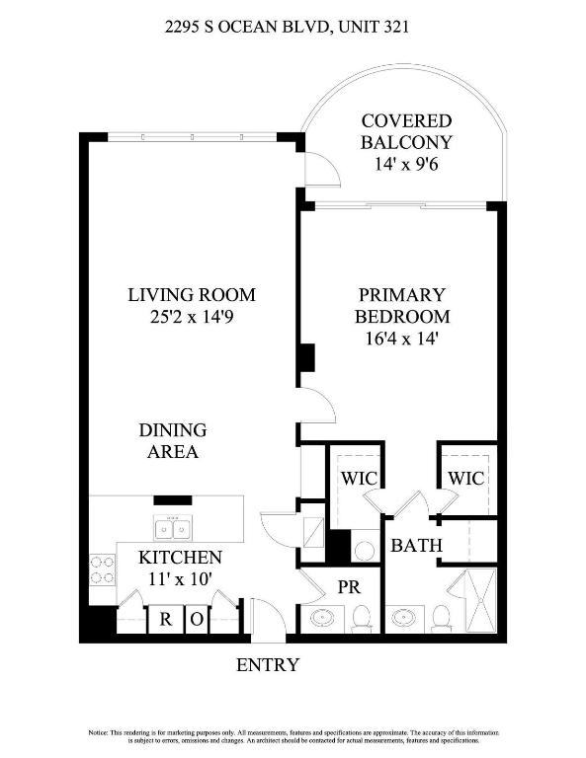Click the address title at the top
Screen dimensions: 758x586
click(x=293, y=29)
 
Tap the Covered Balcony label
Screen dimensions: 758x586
click(x=405, y=131)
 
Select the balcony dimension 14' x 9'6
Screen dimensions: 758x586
click(x=405, y=165)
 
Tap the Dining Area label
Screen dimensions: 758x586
click(x=172, y=441)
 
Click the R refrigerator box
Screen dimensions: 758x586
click(x=167, y=620)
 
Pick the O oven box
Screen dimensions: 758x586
click(x=197, y=620)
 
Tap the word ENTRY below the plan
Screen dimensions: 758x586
click(x=267, y=665)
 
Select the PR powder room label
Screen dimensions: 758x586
click(x=348, y=585)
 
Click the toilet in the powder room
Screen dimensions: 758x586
click(x=362, y=618)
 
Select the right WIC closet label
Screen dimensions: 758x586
click(x=465, y=478)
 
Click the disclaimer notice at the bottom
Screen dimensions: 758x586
click(x=293, y=735)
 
